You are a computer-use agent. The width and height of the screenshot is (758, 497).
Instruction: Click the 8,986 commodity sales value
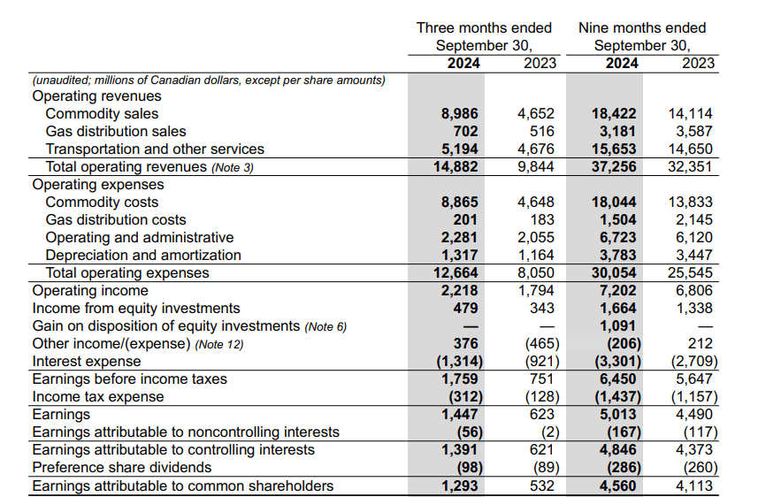point(459,114)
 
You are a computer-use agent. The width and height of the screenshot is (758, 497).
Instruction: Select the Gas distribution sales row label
point(116,132)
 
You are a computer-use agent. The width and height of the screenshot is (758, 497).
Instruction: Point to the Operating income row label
point(90,291)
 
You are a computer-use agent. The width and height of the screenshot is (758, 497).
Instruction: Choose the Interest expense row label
point(87,362)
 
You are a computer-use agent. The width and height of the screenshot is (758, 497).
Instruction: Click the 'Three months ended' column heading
point(484,27)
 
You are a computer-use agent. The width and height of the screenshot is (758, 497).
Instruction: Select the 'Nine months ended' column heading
point(642,27)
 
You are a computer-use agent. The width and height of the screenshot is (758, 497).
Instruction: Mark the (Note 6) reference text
point(325,327)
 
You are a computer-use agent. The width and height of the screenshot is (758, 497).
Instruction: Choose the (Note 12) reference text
point(218,345)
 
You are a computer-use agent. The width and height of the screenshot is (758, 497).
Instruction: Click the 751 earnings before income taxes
point(542,379)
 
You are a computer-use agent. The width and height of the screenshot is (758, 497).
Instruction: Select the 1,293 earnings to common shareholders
point(459,486)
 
